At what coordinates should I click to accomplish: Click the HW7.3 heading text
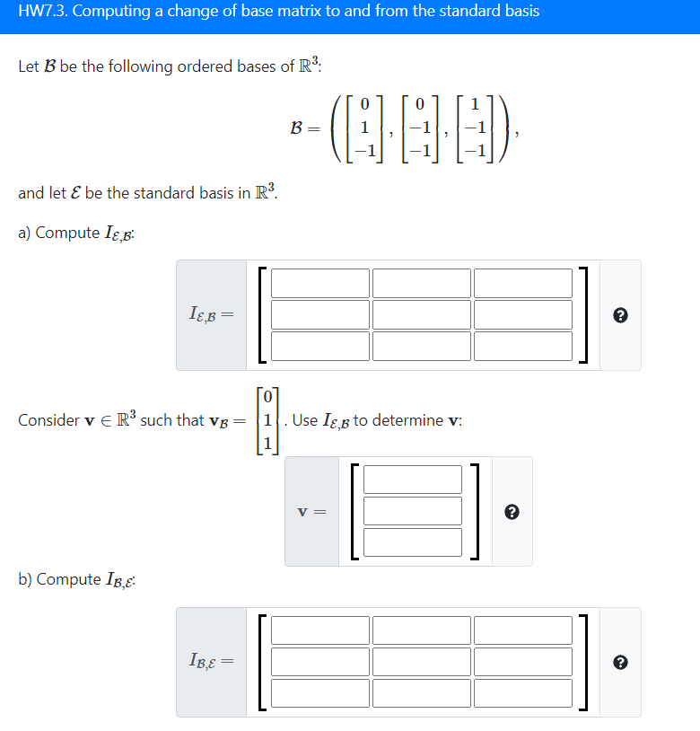pos(278,13)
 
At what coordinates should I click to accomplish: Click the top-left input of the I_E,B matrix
pos(320,283)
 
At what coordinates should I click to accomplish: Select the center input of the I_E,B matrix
pos(422,314)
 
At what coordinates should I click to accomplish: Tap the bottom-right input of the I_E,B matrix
pos(523,345)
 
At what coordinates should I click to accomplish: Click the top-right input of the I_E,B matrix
pos(523,283)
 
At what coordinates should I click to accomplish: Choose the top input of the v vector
pos(413,480)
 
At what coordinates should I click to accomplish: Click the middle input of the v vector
pos(413,511)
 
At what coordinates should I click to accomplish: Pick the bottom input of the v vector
pos(413,542)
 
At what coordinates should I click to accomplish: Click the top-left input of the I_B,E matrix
pos(320,630)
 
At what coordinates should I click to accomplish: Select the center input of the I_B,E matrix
pos(422,662)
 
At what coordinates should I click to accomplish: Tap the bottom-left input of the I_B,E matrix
pos(320,692)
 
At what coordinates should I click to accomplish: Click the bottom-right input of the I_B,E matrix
pos(523,692)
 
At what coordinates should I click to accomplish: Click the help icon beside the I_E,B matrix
pos(620,315)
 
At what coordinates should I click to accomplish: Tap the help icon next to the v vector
pos(512,512)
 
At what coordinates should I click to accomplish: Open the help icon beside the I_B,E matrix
pos(620,663)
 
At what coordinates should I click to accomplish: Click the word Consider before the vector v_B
pos(48,420)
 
